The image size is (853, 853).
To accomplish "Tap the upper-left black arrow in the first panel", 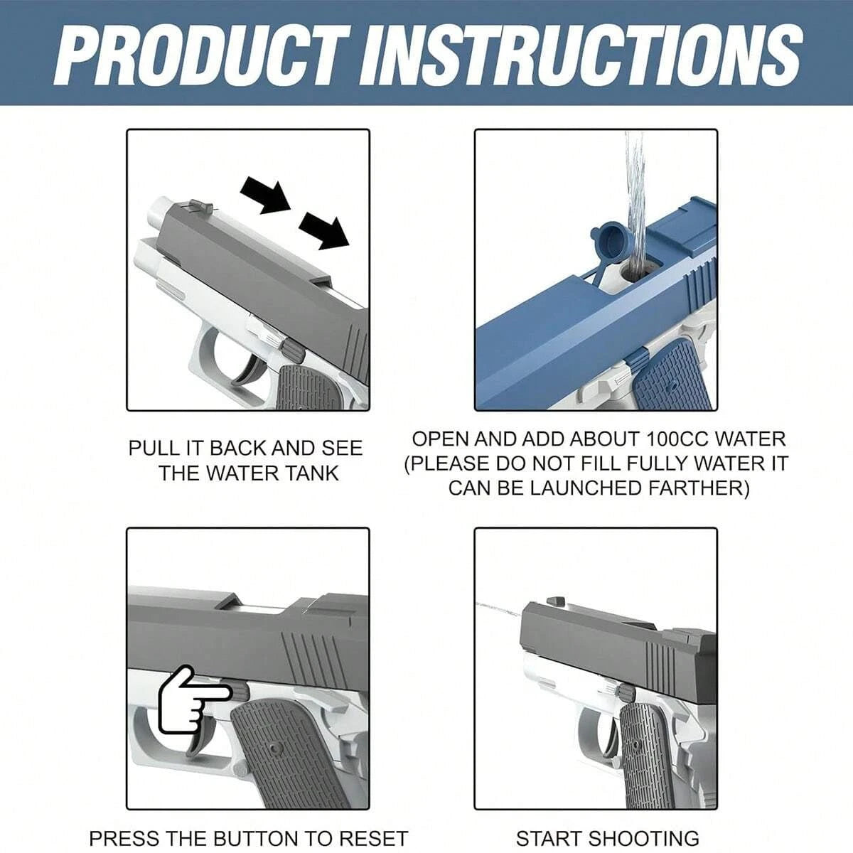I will coord(264,195).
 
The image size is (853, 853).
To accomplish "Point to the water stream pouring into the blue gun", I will coord(634,192).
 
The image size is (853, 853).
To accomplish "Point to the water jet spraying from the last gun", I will coord(498,610).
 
